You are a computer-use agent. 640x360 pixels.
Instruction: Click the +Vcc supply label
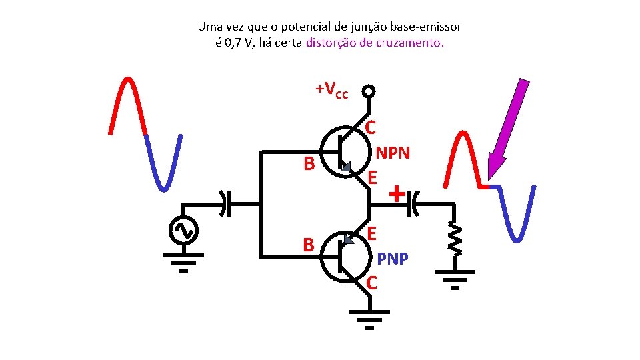(331, 90)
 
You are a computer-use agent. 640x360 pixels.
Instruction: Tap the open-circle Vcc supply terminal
(368, 92)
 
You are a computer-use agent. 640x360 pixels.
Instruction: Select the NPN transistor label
(393, 153)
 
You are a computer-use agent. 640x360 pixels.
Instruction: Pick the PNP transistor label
(393, 258)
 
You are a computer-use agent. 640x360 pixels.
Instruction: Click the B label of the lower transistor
(309, 245)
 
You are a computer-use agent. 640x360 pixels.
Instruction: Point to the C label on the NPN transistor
(371, 127)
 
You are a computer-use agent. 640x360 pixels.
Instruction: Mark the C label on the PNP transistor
(372, 283)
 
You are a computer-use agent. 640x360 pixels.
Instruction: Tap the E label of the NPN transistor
(373, 177)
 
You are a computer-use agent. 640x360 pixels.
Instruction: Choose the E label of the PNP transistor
(373, 233)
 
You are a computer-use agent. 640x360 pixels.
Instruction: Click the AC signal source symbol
(182, 229)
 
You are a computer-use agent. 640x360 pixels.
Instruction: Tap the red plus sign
(397, 194)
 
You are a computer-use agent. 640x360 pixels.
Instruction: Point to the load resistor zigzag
(455, 237)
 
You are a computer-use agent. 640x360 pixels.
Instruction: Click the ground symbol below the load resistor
(455, 279)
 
